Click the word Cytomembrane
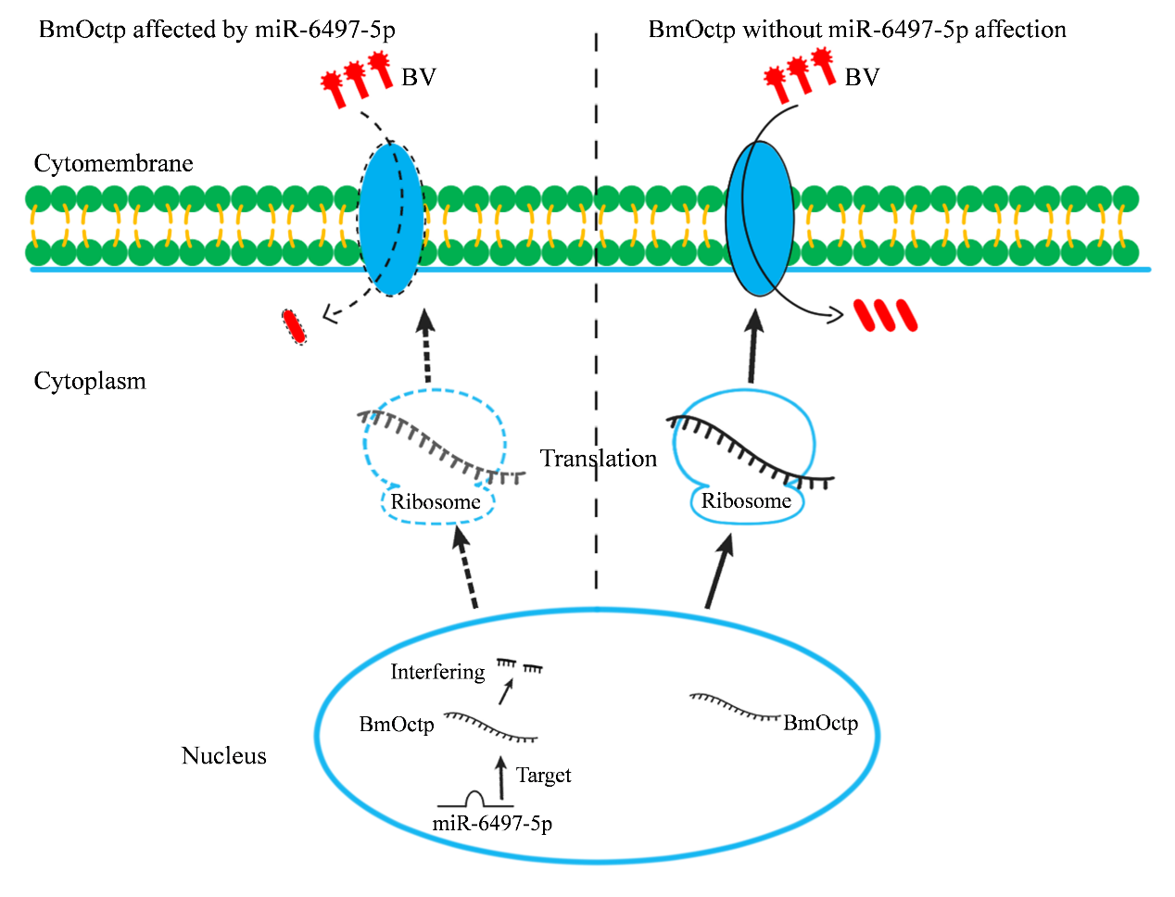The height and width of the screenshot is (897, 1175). (113, 164)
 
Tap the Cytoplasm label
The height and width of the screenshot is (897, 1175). (90, 382)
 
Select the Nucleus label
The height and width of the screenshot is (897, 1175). (223, 756)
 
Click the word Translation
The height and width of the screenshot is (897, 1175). (599, 459)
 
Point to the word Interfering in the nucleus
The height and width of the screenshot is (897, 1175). (437, 672)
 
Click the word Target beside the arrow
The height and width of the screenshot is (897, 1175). (543, 776)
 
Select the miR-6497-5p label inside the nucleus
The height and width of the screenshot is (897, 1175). (492, 823)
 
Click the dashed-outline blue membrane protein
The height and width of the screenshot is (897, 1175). (390, 219)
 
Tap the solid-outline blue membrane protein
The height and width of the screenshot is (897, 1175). (760, 219)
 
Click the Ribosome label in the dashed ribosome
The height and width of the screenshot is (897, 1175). (436, 502)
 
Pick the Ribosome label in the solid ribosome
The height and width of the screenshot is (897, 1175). (746, 501)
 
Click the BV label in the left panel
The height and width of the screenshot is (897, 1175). (418, 78)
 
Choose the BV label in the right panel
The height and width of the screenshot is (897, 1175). (862, 78)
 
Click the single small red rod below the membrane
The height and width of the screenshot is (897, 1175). (295, 326)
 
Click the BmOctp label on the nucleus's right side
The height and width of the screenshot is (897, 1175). (820, 723)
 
